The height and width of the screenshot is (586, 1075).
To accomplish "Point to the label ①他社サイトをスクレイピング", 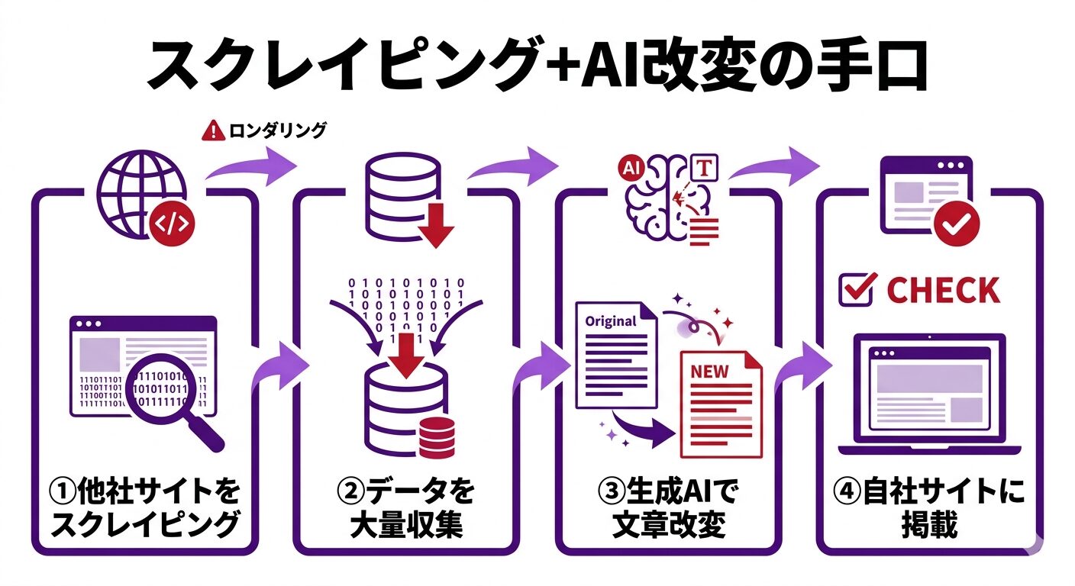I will (144, 507).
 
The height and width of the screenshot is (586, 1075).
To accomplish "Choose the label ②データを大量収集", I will (405, 507).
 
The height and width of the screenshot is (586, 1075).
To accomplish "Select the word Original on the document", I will (610, 321).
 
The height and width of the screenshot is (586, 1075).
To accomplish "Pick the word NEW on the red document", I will (709, 372).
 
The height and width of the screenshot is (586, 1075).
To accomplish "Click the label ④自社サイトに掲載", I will (928, 507).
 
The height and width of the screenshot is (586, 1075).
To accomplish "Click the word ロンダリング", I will (277, 130).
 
